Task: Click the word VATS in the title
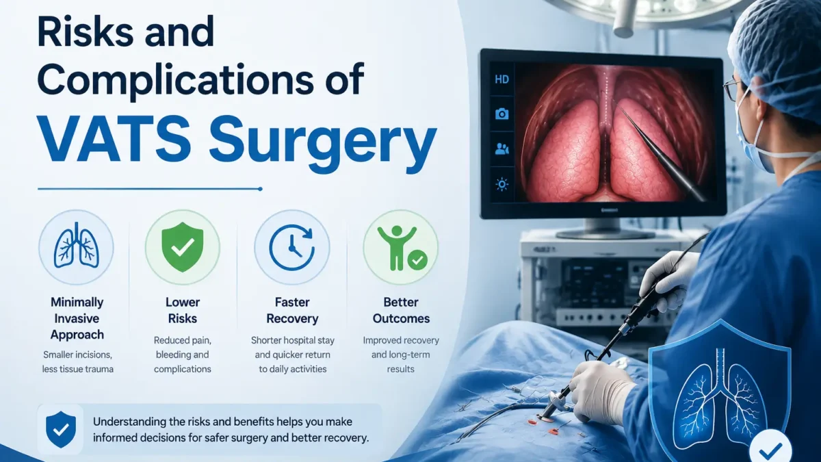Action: point(114,141)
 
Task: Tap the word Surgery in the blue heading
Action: point(323,146)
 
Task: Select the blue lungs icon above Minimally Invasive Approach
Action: point(76,245)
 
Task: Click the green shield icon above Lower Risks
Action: point(183,246)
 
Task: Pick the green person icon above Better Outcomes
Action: point(401,248)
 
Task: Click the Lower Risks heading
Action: point(183,310)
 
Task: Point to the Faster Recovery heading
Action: point(292,310)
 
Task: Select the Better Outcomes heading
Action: point(401,310)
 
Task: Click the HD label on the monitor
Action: point(501,79)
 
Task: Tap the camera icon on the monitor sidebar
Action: point(501,114)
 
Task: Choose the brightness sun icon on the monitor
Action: point(501,184)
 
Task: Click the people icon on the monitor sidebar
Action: point(501,149)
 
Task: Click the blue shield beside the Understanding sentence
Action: point(61,429)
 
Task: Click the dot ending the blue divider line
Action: point(260,189)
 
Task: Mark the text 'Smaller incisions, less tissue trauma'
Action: point(78,362)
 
